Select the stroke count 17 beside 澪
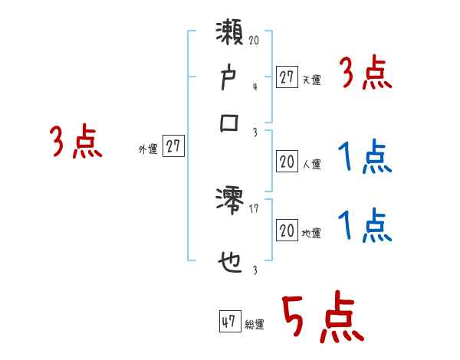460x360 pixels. coord(254,208)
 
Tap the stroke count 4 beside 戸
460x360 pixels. coord(254,87)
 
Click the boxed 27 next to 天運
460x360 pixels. coord(287,77)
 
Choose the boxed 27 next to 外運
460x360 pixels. coord(174,147)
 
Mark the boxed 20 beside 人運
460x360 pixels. coord(287,162)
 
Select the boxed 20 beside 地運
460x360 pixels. coord(287,231)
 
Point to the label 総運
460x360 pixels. coord(255,325)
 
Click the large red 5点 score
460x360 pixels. coord(322,319)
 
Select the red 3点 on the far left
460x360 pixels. coord(77,142)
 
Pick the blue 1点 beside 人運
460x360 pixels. coord(365,158)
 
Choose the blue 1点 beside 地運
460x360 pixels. coord(365,227)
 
